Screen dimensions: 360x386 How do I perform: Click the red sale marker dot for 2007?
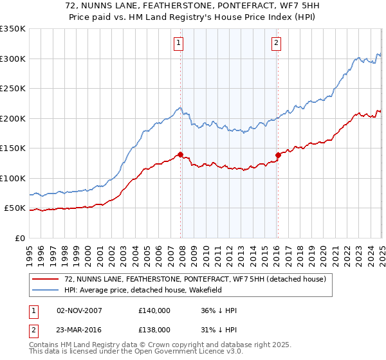(x=181, y=154)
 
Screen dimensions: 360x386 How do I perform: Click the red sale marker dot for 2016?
(x=279, y=155)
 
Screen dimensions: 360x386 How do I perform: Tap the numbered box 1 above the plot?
(x=178, y=43)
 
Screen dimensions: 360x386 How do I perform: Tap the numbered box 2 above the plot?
(x=276, y=43)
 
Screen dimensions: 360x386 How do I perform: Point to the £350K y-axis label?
(x=12, y=29)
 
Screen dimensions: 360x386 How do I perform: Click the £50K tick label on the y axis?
(x=15, y=208)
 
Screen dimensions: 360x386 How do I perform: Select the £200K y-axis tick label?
(x=12, y=118)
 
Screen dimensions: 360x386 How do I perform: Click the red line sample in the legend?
(x=46, y=279)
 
